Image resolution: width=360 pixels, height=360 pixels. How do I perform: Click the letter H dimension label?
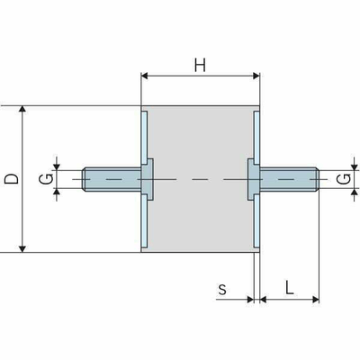pyautogui.click(x=200, y=65)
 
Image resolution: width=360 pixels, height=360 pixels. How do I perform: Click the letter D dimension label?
pyautogui.click(x=12, y=179)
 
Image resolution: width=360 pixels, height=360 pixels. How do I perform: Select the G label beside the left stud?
pyautogui.click(x=46, y=179)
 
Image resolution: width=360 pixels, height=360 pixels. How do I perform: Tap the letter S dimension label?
pyautogui.click(x=222, y=290)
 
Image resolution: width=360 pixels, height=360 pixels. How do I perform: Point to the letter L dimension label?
pyautogui.click(x=289, y=287)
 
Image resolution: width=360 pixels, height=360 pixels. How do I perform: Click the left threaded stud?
pyautogui.click(x=112, y=179)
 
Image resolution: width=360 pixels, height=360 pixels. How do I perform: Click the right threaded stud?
pyautogui.click(x=289, y=179)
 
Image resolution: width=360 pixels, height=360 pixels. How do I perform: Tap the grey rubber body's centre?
pyautogui.click(x=200, y=179)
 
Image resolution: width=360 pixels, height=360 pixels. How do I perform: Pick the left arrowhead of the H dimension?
pyautogui.click(x=145, y=76)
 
